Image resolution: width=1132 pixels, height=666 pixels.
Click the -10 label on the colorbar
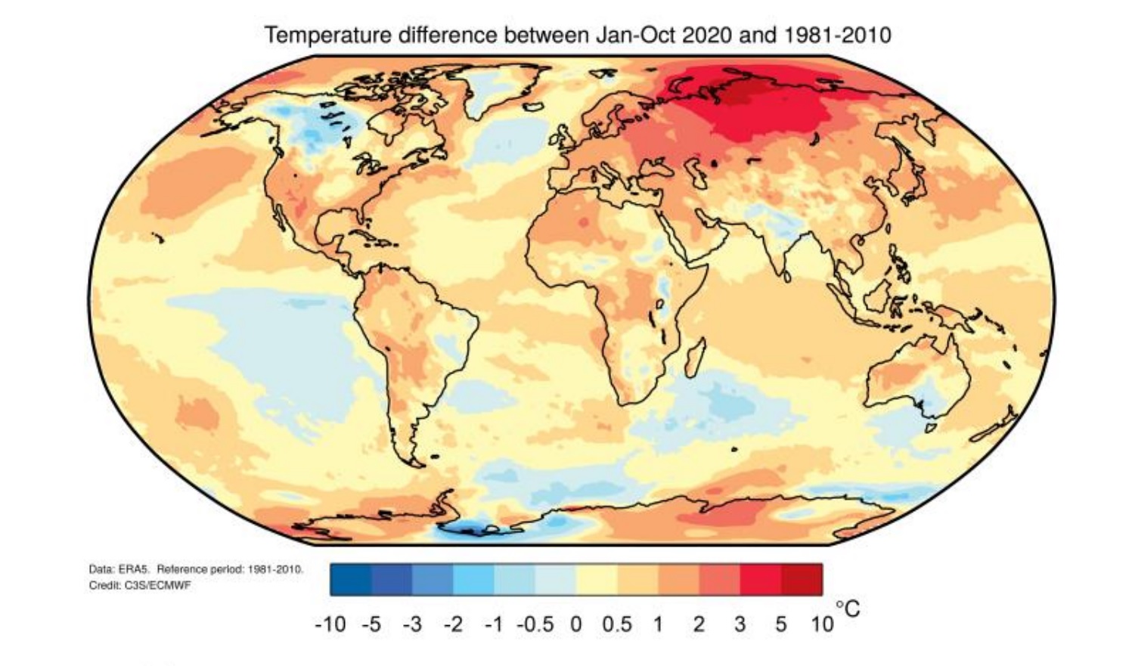[x=330, y=625]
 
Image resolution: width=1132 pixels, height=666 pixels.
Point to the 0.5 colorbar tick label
[x=617, y=625]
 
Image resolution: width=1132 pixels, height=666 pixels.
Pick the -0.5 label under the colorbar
[x=535, y=625]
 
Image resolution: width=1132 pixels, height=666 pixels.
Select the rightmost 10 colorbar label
[x=822, y=625]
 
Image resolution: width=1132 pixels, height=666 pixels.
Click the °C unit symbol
[x=848, y=609]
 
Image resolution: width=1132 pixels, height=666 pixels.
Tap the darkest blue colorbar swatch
[x=351, y=580]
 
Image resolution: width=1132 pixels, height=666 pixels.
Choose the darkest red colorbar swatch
[x=802, y=580]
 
